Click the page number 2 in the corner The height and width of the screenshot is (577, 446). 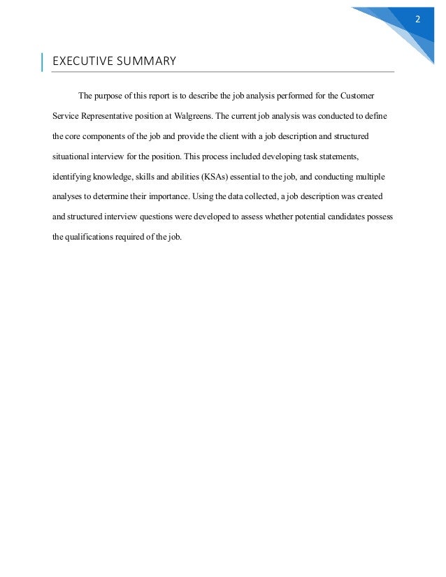click(x=417, y=18)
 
